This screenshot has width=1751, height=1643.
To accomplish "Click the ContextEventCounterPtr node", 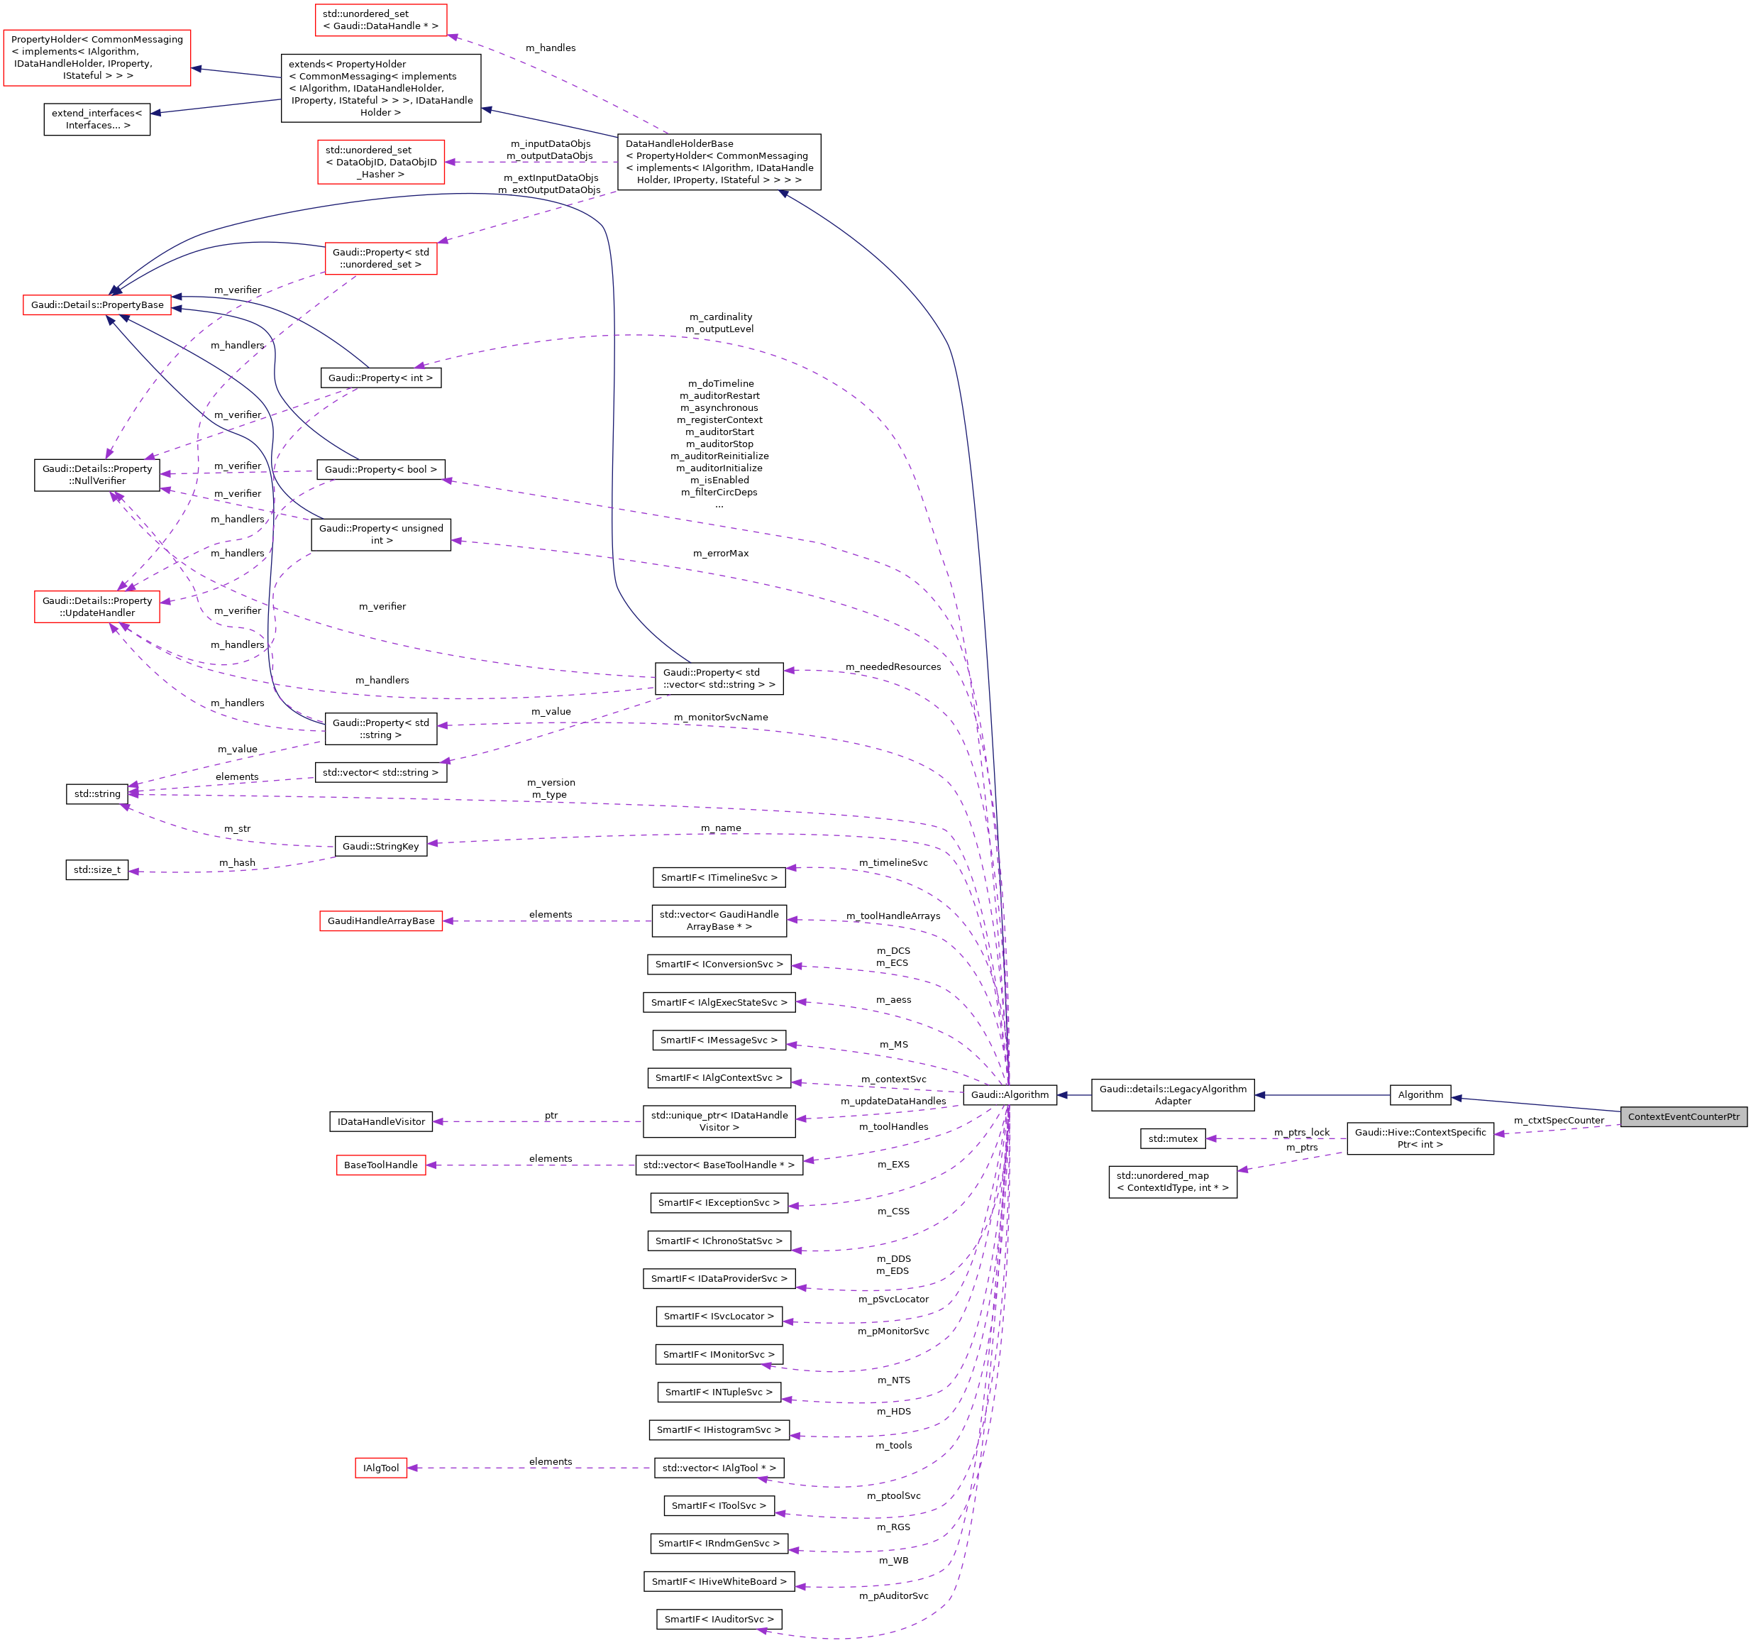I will (1683, 1116).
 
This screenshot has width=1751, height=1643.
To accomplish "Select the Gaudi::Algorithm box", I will (1010, 1094).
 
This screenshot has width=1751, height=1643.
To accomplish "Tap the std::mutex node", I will (1172, 1138).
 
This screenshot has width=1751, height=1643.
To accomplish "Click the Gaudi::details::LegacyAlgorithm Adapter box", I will (1172, 1094).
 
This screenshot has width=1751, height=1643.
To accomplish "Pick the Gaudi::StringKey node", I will (380, 846).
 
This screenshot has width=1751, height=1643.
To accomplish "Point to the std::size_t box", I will (97, 869).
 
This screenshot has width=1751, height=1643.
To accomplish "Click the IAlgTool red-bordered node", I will (380, 1468).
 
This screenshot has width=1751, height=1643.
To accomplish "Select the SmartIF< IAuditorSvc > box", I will (719, 1618).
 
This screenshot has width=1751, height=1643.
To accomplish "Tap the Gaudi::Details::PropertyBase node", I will (97, 304).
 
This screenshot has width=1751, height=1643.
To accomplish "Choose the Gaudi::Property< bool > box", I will (380, 470).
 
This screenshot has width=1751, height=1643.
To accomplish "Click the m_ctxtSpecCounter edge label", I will (1559, 1121).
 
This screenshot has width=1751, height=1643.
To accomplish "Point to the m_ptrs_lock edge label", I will (1302, 1132).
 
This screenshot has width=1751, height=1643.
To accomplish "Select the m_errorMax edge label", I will (721, 554).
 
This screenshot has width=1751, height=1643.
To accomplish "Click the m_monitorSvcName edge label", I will (721, 717).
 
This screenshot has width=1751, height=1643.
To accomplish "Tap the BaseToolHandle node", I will (380, 1165).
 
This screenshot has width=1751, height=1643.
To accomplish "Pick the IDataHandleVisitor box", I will (380, 1121).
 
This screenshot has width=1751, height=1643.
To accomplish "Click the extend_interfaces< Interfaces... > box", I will (97, 119).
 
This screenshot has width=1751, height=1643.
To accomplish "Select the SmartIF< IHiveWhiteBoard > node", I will (719, 1581).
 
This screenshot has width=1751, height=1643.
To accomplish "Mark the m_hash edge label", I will (237, 862).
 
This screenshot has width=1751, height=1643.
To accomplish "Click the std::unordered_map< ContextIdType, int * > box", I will (1172, 1182).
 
